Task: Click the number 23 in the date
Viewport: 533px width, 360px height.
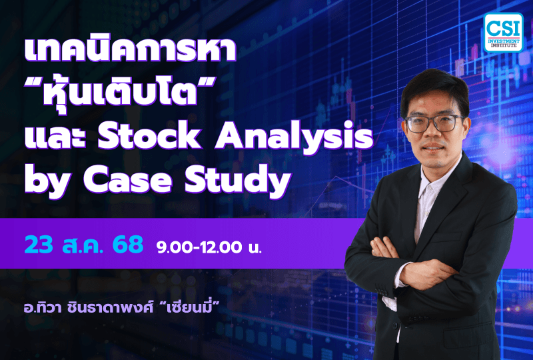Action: (x=38, y=245)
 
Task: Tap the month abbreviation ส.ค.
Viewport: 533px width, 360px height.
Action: (x=83, y=245)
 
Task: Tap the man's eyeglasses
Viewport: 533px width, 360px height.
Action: (x=432, y=123)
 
